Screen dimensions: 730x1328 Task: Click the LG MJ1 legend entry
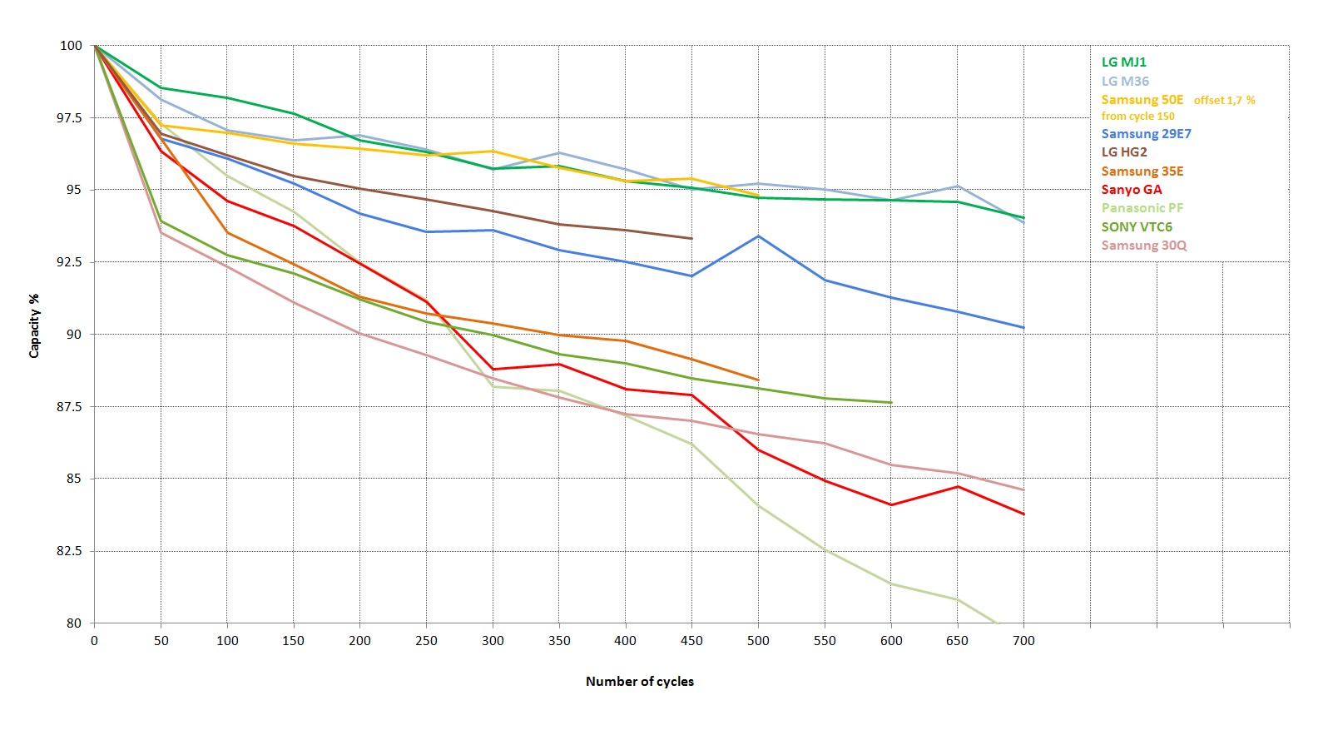tap(1123, 62)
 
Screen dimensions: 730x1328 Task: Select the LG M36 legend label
tap(1125, 82)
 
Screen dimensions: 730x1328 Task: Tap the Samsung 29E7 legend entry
tap(1146, 134)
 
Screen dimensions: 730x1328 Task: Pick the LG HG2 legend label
tap(1124, 152)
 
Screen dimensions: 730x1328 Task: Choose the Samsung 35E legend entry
tap(1142, 171)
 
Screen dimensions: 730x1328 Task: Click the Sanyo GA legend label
tap(1132, 190)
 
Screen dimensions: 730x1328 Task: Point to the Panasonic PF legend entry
tap(1142, 208)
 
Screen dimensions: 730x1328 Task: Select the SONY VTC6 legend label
tap(1137, 226)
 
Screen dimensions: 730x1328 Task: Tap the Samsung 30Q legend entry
tap(1144, 246)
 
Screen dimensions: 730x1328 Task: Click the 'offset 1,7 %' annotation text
tap(1224, 101)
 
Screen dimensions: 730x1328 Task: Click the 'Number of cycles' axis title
tap(639, 682)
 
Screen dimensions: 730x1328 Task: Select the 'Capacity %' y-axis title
tap(34, 325)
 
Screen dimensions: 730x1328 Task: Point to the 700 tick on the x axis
tap(1023, 641)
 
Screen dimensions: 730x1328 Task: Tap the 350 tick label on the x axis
tap(559, 641)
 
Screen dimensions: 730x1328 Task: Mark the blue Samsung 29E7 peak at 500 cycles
tap(758, 236)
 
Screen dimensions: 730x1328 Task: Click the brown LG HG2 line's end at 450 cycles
tap(691, 238)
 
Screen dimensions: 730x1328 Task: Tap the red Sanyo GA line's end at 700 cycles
tap(1023, 514)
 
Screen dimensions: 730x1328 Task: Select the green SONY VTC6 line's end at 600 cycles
tap(890, 403)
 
